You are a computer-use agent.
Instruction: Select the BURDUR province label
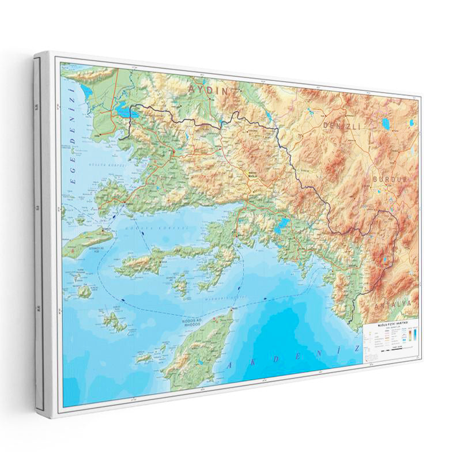pyautogui.click(x=389, y=179)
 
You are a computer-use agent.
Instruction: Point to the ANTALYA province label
pyautogui.click(x=392, y=303)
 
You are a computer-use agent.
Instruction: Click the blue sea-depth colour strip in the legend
pyautogui.click(x=414, y=340)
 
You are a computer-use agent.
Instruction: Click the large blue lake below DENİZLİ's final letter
pyautogui.click(x=386, y=123)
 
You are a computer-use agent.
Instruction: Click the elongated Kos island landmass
pyautogui.click(x=86, y=242)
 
